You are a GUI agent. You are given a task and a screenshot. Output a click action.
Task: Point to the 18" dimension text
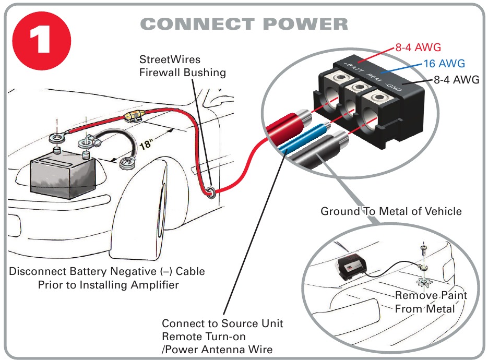[146, 143]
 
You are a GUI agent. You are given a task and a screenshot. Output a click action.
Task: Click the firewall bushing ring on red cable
[209, 192]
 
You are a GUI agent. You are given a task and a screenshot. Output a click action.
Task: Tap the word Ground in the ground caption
[339, 211]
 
